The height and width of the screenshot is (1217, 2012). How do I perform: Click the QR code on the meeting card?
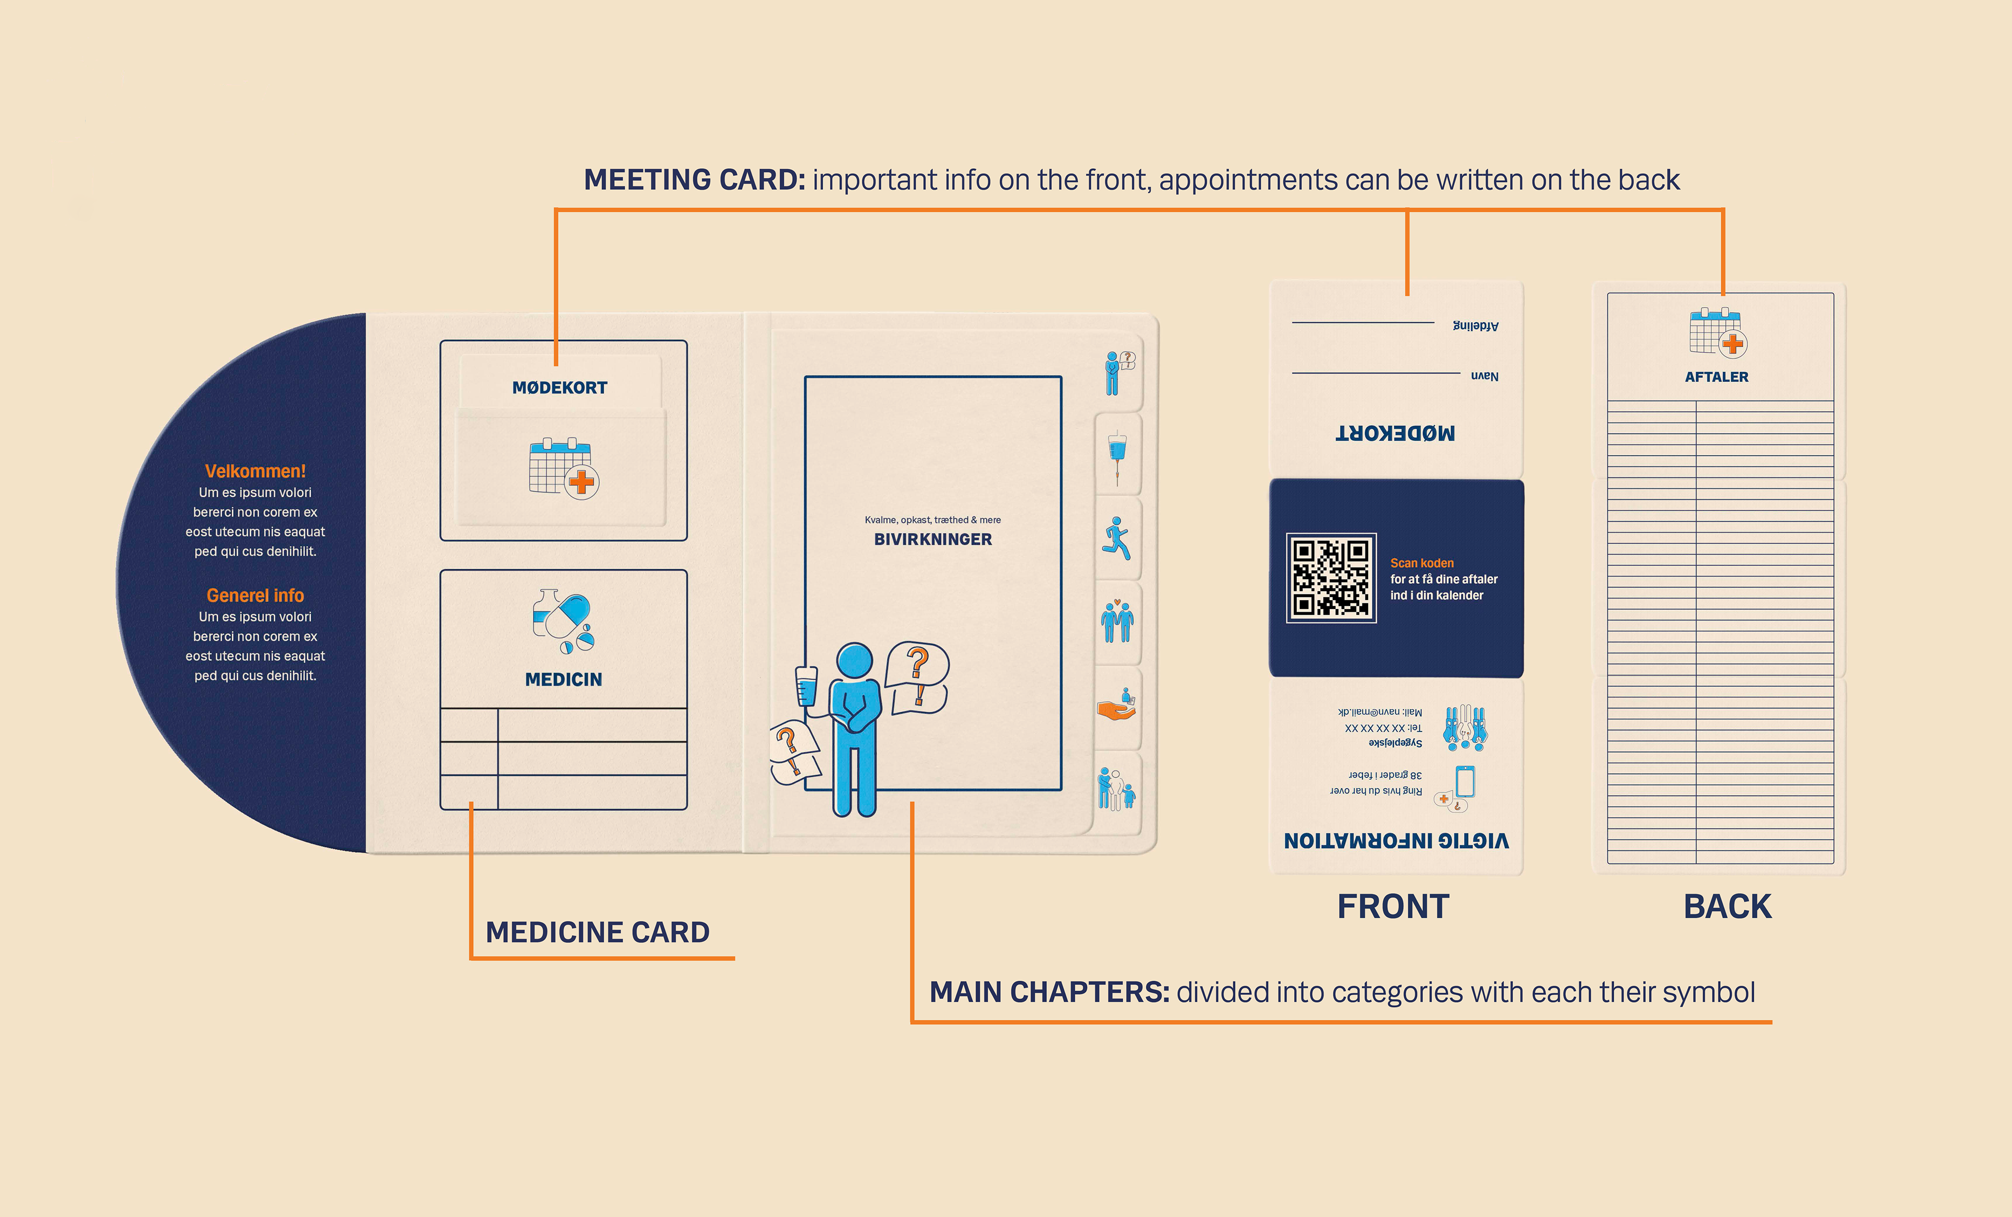(x=1331, y=578)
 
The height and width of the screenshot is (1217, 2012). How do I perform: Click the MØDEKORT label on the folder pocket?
(x=560, y=388)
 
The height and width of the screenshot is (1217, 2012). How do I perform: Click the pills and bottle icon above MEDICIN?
(x=563, y=621)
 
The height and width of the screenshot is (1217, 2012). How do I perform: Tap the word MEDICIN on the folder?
(x=563, y=680)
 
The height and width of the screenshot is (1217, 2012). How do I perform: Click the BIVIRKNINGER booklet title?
(x=933, y=539)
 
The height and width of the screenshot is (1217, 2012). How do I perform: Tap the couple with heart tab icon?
(x=1117, y=622)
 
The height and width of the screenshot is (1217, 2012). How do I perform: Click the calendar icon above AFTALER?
(x=1717, y=332)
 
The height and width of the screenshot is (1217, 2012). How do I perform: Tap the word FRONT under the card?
(x=1393, y=907)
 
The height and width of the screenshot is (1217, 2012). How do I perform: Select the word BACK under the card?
(x=1727, y=907)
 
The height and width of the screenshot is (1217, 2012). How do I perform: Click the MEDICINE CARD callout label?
(x=598, y=932)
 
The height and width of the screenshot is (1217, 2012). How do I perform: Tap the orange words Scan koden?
(x=1421, y=563)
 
